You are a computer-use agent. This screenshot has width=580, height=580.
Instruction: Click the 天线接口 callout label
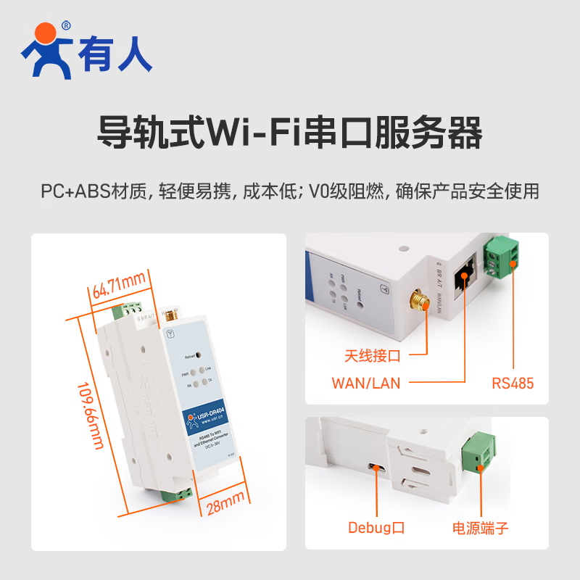tap(373, 356)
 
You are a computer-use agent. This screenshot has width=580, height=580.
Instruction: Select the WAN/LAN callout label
tap(366, 383)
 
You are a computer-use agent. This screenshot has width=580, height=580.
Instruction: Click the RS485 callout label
tap(512, 383)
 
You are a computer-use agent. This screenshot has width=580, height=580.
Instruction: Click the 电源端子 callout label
tap(481, 528)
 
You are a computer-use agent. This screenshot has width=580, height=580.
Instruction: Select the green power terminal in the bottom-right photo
tap(480, 452)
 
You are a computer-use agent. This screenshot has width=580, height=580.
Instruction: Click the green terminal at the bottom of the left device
tap(178, 494)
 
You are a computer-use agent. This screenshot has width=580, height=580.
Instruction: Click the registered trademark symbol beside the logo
tap(67, 25)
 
